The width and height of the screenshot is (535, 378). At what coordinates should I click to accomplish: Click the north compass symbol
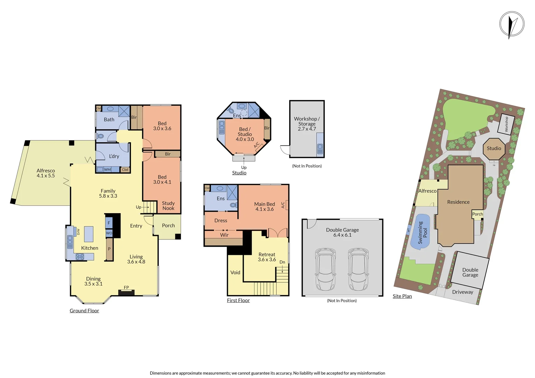click(x=512, y=24)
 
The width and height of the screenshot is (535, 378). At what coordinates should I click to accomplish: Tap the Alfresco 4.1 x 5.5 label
click(x=46, y=173)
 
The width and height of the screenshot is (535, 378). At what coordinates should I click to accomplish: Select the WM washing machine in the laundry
click(x=107, y=169)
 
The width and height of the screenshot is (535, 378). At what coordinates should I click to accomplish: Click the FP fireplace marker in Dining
click(x=126, y=288)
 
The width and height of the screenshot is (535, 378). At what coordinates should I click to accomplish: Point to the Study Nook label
click(x=168, y=206)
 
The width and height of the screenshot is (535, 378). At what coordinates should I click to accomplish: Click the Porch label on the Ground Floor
click(x=168, y=226)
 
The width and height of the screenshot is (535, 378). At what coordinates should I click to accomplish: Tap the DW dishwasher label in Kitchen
click(x=78, y=232)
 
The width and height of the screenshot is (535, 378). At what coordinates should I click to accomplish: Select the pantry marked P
click(x=109, y=249)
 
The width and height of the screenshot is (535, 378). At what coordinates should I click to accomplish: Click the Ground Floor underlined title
click(x=84, y=311)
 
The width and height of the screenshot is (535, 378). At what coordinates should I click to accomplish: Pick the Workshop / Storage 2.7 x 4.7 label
click(x=307, y=124)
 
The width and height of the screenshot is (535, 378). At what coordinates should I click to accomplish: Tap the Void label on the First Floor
click(x=235, y=273)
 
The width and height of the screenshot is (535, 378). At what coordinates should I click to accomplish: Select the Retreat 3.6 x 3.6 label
click(x=267, y=257)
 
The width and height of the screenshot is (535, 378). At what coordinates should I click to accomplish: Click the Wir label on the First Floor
click(x=224, y=235)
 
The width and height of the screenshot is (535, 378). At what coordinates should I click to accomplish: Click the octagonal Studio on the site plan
click(x=494, y=148)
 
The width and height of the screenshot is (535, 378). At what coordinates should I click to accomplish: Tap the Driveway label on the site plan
click(x=462, y=292)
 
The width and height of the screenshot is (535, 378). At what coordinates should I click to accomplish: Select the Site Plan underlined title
click(x=402, y=296)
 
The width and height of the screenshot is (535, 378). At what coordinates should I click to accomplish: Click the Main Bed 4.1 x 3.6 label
click(x=264, y=206)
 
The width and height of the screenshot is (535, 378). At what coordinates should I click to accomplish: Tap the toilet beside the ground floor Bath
click(x=100, y=136)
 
